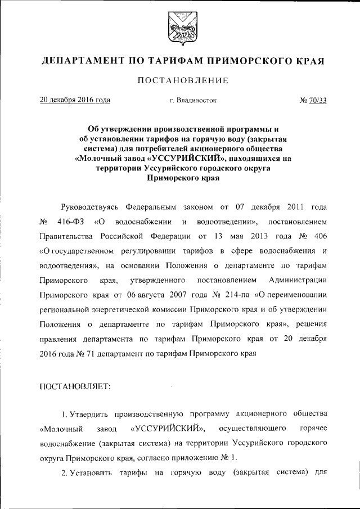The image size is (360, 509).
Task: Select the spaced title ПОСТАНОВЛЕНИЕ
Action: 180,81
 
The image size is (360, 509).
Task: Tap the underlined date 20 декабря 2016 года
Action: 75,101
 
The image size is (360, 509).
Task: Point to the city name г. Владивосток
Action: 188,101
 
